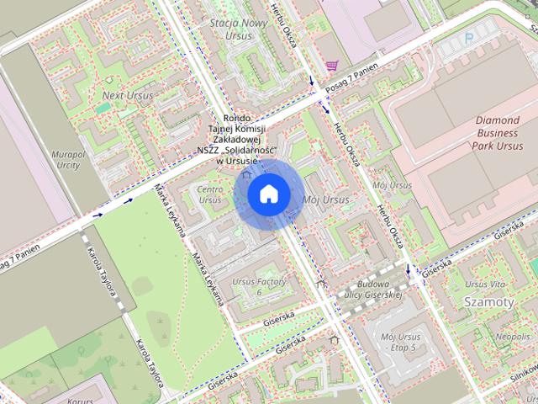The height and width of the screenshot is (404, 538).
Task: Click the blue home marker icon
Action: pos(268,194)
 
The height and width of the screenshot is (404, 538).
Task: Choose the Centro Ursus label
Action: pos(209,194)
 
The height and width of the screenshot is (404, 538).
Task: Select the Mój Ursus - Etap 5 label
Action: pos(401,343)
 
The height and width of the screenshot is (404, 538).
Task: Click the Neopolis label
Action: pos(512,337)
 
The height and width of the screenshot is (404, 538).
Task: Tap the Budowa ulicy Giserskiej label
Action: pos(370,290)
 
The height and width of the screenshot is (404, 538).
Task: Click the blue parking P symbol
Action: pos(468,38)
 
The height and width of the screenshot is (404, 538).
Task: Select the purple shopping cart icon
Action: pos(332,65)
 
